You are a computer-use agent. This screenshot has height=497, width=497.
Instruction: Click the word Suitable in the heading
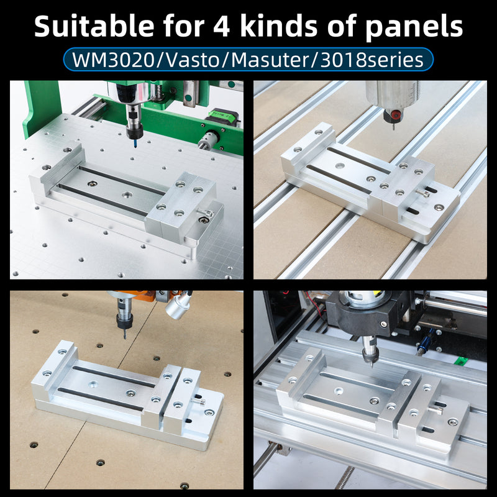click(94, 26)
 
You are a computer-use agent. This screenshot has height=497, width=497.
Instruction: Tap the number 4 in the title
click(221, 26)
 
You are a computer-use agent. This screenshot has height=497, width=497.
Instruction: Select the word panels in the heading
click(414, 28)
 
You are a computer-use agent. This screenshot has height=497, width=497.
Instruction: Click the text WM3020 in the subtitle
click(113, 60)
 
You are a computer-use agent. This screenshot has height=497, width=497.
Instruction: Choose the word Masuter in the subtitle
click(270, 60)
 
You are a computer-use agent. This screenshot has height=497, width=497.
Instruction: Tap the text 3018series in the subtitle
click(372, 60)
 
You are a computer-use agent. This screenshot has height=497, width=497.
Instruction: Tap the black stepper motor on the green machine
click(221, 117)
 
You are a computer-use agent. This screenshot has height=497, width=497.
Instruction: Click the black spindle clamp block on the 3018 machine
click(368, 314)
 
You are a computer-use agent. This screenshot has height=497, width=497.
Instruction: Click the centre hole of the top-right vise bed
click(340, 165)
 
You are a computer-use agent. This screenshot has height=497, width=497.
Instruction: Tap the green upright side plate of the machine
click(41, 107)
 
